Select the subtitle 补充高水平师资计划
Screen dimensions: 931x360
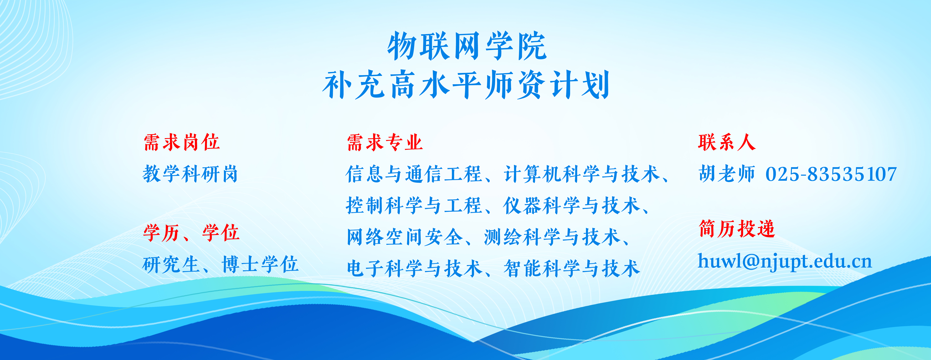coord(466,85)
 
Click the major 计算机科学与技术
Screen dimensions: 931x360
coord(582,174)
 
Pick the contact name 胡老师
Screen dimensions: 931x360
coord(727,174)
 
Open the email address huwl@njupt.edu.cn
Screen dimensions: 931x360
coord(785,261)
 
